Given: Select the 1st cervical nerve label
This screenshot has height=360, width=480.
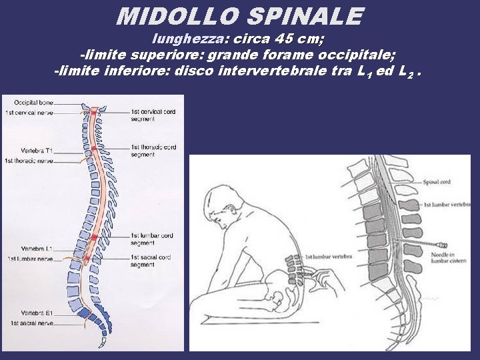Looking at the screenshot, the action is [29, 112].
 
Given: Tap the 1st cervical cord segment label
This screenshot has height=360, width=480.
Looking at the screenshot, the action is [153, 115].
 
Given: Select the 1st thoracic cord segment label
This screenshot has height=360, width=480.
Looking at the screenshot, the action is [153, 151].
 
